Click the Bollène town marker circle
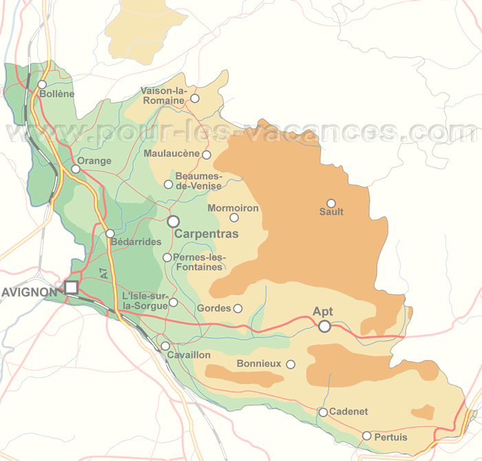(x=42, y=85)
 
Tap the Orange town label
(x=94, y=161)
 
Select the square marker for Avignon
(x=71, y=288)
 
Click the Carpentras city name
(x=207, y=234)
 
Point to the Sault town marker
(x=331, y=203)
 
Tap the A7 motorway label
(x=103, y=272)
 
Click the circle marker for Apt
(x=324, y=327)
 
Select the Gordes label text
(x=213, y=308)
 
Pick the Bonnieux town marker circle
(x=291, y=365)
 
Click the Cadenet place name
(x=348, y=412)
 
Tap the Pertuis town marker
(x=367, y=436)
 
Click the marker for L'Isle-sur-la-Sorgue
(x=174, y=302)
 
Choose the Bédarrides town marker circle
(x=110, y=234)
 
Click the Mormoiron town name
(x=233, y=207)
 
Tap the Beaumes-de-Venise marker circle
(x=169, y=184)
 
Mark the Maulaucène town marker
(x=207, y=155)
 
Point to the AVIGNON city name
(x=30, y=292)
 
